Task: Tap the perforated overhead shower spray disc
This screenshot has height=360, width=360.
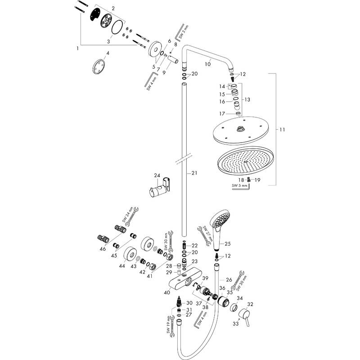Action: (x=245, y=161)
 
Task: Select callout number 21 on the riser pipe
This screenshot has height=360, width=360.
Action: (x=194, y=173)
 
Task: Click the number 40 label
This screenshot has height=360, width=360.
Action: (x=167, y=292)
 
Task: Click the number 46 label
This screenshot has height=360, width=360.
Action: (x=103, y=248)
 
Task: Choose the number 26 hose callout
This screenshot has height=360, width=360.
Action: (x=229, y=279)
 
